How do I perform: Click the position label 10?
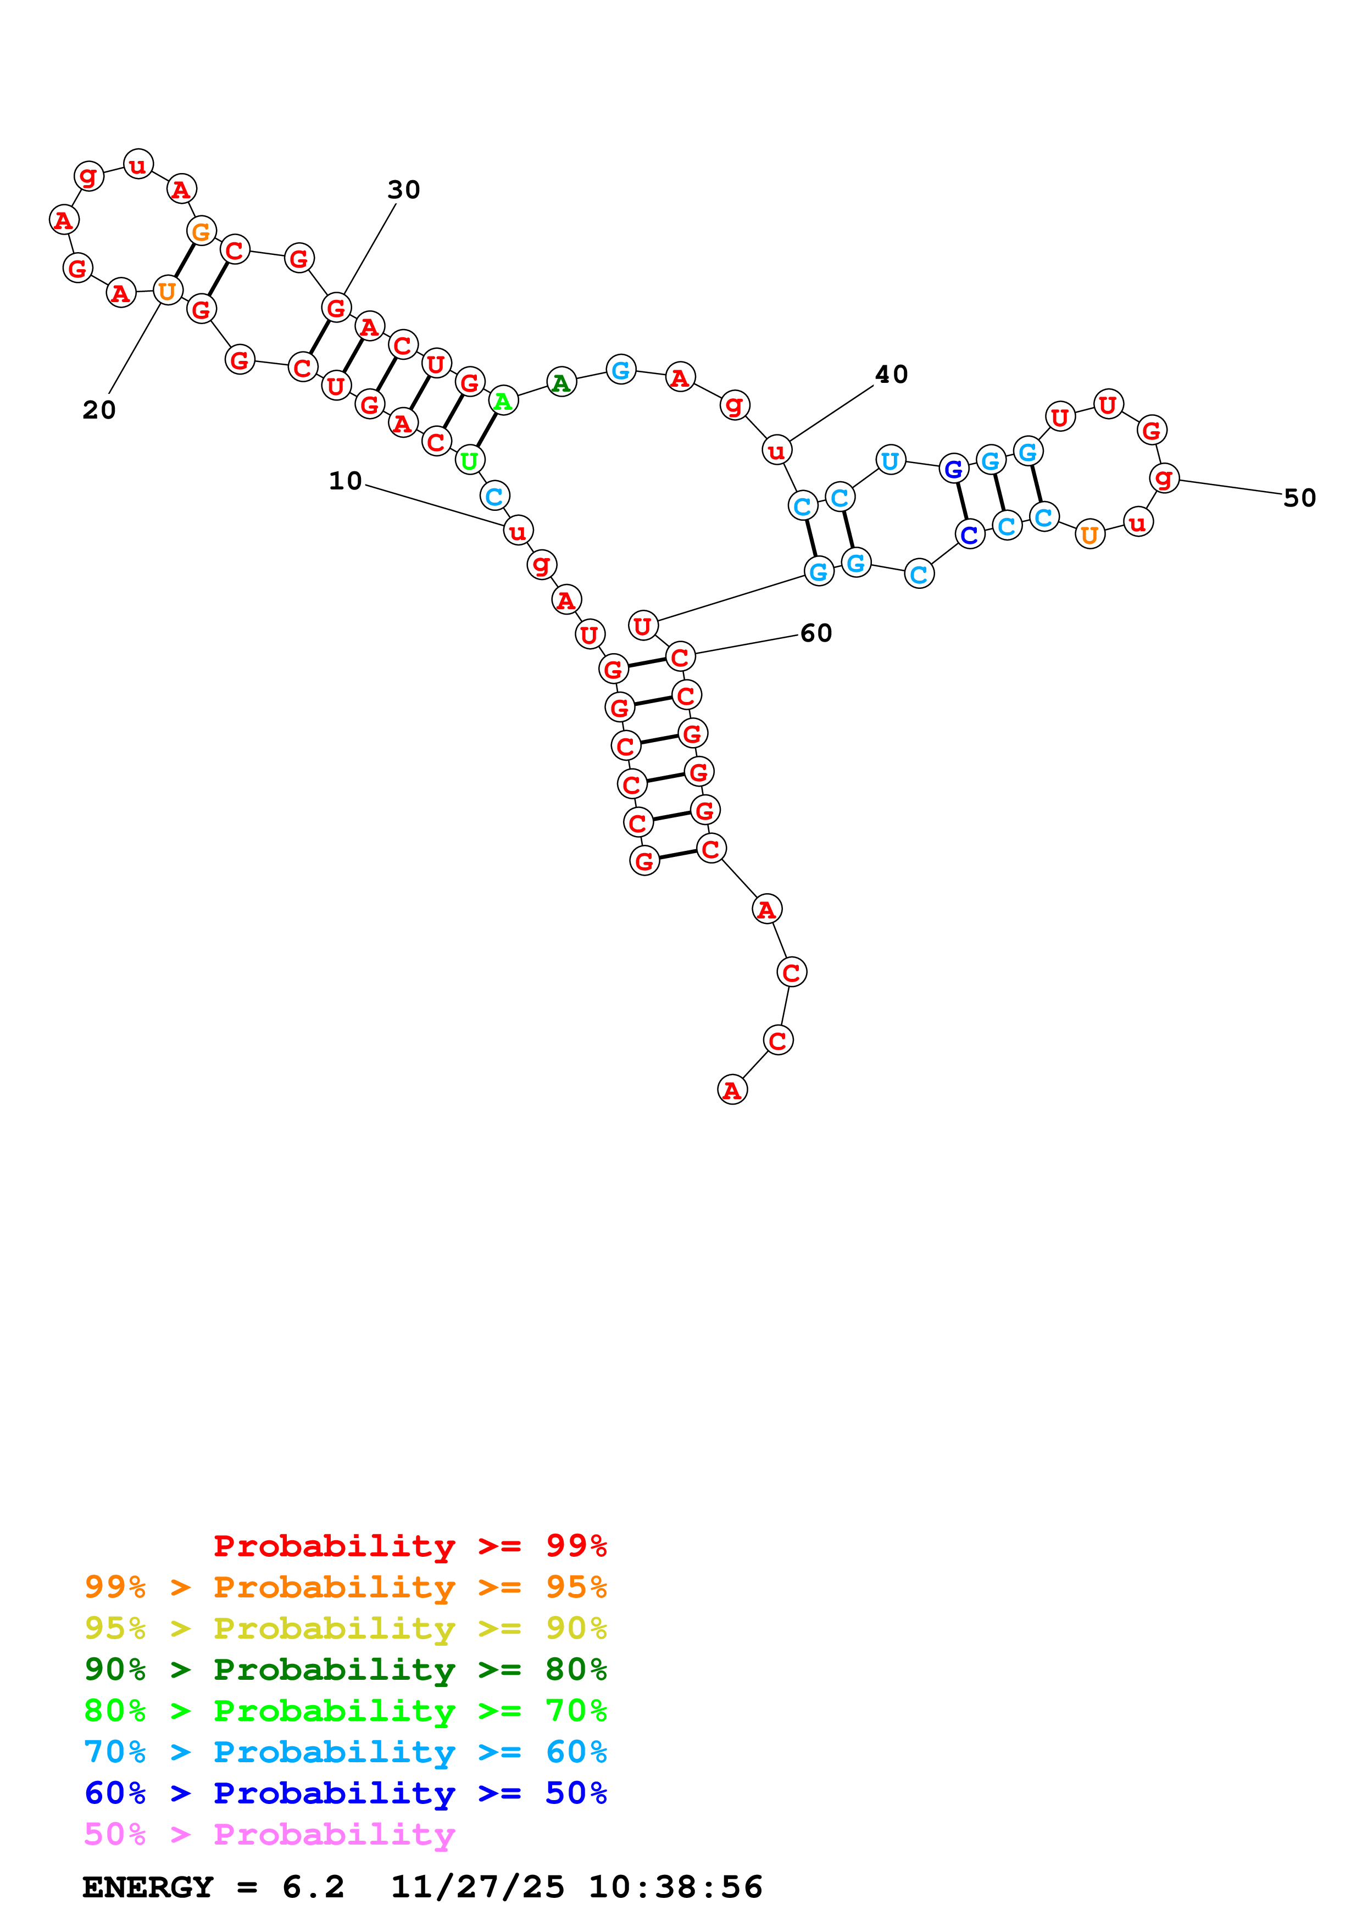[x=345, y=481]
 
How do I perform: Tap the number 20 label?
[x=99, y=410]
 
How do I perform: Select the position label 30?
[x=404, y=190]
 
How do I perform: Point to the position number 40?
[x=891, y=374]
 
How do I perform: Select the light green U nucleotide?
[x=469, y=460]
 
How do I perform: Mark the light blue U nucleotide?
[x=891, y=460]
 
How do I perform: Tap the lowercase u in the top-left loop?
[x=138, y=164]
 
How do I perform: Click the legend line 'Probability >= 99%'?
[x=409, y=1545]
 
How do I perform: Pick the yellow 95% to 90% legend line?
[x=345, y=1628]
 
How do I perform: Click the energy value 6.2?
[x=313, y=1887]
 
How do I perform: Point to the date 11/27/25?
[x=477, y=1887]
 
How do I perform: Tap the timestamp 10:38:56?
[x=676, y=1887]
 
